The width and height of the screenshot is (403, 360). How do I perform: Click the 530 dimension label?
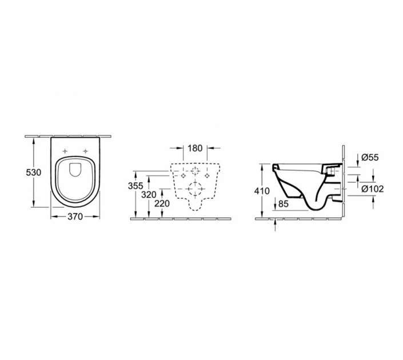[x=33, y=173]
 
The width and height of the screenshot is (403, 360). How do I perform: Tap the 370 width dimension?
[x=75, y=217]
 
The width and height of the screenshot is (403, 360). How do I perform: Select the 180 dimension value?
[x=195, y=148]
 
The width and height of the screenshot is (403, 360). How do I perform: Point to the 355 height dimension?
[x=135, y=186]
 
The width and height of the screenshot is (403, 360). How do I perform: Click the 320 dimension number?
[x=149, y=195]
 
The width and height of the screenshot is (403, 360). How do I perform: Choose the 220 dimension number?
[x=162, y=203]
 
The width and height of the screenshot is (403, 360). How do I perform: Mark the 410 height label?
[x=262, y=191]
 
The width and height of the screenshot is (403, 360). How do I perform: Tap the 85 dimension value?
[x=284, y=204]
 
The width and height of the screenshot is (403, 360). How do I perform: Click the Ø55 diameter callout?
[x=370, y=157]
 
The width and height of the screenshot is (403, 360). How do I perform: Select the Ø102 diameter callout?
[x=372, y=189]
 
